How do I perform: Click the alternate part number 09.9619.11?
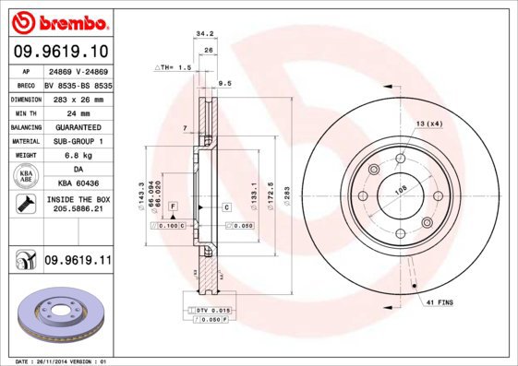click(x=77, y=262)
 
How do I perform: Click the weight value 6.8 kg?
click(x=78, y=156)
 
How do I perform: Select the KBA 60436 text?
click(x=78, y=184)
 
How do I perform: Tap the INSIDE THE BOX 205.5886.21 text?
click(x=78, y=204)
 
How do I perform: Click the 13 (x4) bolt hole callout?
click(x=428, y=124)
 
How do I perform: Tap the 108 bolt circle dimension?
click(x=402, y=191)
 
